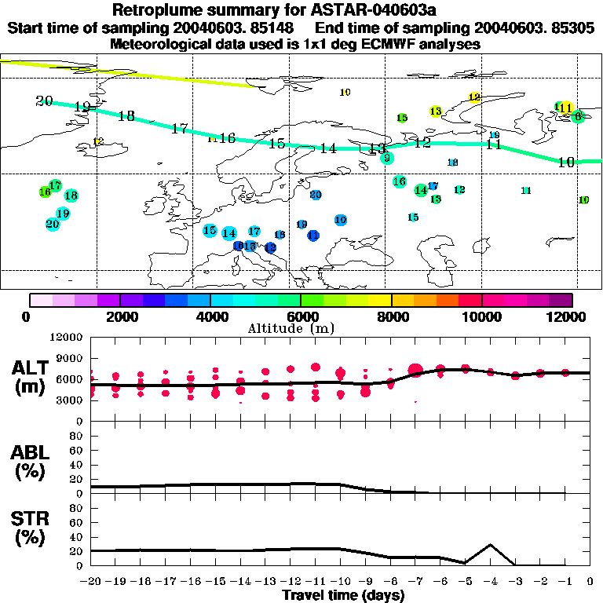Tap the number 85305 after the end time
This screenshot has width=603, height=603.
(569, 28)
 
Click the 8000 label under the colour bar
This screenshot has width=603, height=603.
(391, 316)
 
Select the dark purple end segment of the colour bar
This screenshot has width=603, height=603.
(561, 300)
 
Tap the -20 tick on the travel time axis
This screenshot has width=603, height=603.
(91, 582)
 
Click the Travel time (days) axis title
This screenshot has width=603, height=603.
(343, 595)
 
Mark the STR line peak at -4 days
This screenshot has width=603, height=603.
(490, 544)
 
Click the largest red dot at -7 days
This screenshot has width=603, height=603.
(415, 370)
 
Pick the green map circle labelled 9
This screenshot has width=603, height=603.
(386, 158)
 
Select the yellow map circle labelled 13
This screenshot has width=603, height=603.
(436, 111)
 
